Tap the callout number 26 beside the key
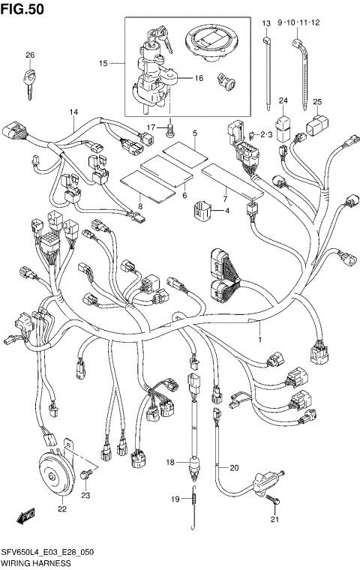click(x=30, y=55)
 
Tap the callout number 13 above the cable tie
click(x=265, y=24)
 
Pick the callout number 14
click(x=74, y=112)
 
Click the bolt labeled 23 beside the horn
click(x=88, y=473)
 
